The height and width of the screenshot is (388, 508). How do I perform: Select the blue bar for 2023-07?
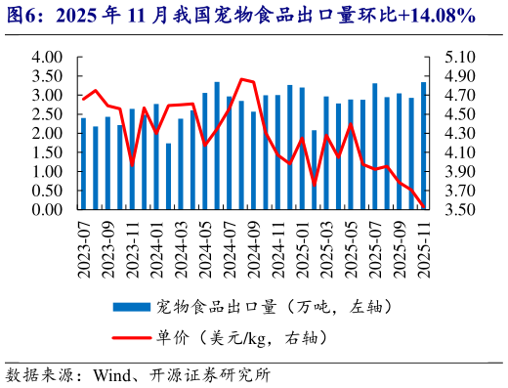click(83, 164)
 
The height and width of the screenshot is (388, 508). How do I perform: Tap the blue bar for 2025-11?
click(423, 146)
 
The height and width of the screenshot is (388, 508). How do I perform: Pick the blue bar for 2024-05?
click(205, 151)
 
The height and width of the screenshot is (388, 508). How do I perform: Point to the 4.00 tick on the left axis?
click(48, 58)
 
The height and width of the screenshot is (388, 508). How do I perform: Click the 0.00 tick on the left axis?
click(48, 210)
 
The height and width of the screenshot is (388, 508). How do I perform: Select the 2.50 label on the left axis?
click(48, 114)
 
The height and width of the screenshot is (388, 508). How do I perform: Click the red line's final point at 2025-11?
click(423, 207)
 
